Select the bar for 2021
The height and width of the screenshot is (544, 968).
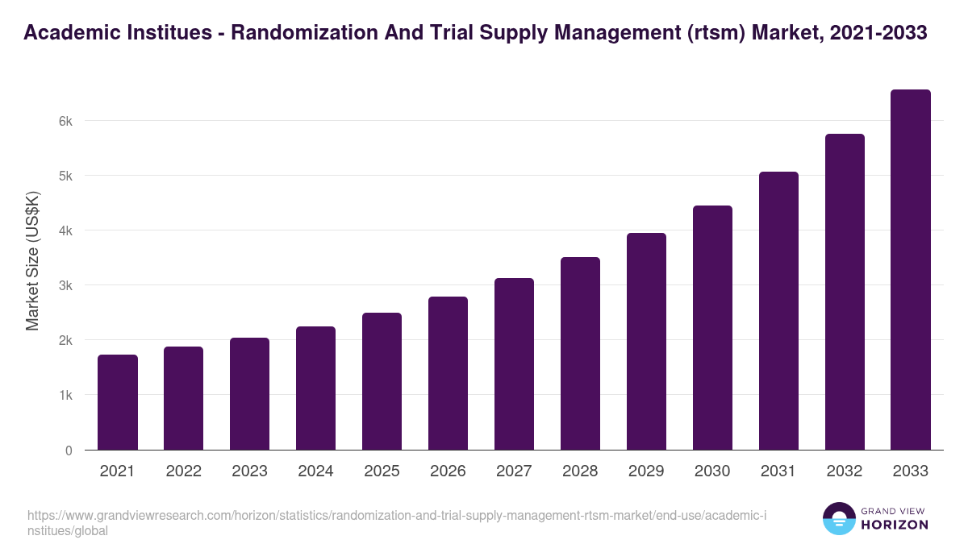(118, 402)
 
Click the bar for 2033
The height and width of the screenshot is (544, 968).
(911, 270)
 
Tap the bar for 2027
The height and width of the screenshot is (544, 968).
(514, 364)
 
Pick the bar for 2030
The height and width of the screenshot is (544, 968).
(712, 328)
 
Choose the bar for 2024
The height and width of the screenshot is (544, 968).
(315, 388)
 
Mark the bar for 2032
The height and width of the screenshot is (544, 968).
(845, 292)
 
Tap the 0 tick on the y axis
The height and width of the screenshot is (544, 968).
(69, 451)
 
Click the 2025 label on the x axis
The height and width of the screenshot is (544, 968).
(382, 471)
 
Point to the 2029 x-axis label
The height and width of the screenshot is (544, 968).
(646, 471)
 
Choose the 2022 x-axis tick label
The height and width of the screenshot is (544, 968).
(183, 471)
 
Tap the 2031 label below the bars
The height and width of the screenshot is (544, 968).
(778, 471)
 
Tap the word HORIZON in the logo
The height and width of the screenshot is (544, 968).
(895, 525)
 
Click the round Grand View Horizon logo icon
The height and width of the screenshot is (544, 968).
(838, 518)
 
